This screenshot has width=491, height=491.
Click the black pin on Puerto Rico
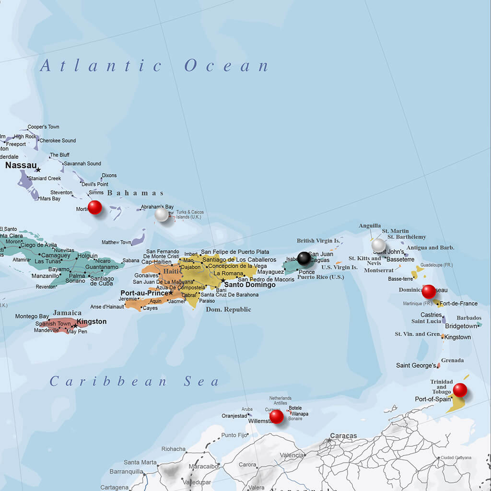[x=304, y=258]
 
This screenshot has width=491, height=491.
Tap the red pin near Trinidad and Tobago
[x=460, y=390]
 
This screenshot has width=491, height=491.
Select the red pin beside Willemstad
[x=277, y=416]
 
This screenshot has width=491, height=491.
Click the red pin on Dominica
[x=429, y=291]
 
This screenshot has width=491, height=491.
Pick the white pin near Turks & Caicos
[x=162, y=214]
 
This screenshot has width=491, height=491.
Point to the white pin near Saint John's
[x=378, y=245]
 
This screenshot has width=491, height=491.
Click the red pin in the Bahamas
[x=95, y=207]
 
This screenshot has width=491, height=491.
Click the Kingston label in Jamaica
[x=92, y=322]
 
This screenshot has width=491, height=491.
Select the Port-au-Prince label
[x=144, y=293]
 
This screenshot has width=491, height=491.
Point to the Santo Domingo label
[x=250, y=284]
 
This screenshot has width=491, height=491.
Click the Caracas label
[x=343, y=436]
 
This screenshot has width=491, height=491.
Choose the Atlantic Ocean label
[x=154, y=66]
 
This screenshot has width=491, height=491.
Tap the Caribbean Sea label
[x=134, y=382]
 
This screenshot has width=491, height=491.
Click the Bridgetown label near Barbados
[x=461, y=326]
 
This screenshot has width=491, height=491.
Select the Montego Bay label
[x=32, y=316]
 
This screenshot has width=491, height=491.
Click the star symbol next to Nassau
[x=38, y=170]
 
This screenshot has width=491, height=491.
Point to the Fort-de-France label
[x=458, y=304]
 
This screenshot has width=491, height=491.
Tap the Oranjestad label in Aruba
[x=234, y=416]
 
